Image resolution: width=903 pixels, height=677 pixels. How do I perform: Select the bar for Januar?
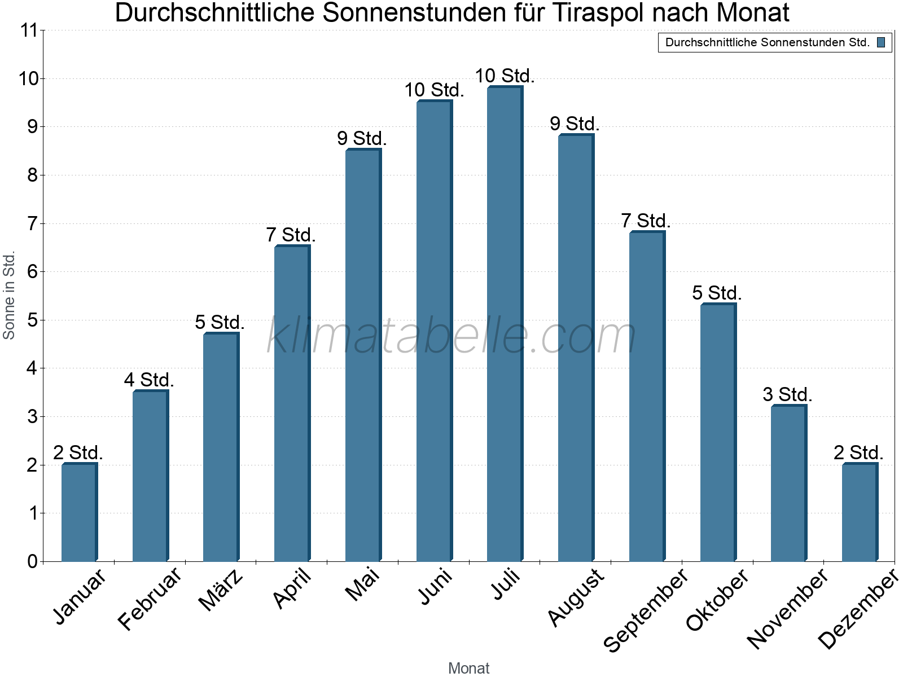pyautogui.click(x=80, y=512)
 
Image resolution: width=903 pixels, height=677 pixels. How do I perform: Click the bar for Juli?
pyautogui.click(x=505, y=323)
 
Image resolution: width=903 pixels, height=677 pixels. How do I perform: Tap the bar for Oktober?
pyautogui.click(x=718, y=432)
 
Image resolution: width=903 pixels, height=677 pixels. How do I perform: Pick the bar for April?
pyautogui.click(x=292, y=403)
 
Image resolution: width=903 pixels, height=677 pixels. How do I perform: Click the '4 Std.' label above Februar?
pyautogui.click(x=149, y=380)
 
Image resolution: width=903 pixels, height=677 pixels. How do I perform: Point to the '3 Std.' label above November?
pyautogui.click(x=787, y=394)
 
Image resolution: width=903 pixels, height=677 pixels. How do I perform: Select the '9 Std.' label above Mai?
pyautogui.click(x=362, y=138)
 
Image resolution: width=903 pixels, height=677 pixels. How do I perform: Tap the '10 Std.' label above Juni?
pyautogui.click(x=435, y=90)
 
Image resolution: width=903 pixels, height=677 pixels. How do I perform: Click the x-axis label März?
pyautogui.click(x=221, y=590)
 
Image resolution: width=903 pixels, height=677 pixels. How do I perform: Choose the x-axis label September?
pyautogui.click(x=646, y=610)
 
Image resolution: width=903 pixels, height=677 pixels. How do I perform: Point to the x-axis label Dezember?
pyautogui.click(x=858, y=609)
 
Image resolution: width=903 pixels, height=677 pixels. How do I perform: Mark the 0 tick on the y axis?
pyautogui.click(x=33, y=561)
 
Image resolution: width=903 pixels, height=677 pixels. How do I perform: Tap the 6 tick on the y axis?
pyautogui.click(x=33, y=272)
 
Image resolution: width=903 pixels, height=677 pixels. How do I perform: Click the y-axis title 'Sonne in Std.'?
pyautogui.click(x=8, y=295)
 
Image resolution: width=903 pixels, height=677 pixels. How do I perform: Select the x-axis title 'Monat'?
pyautogui.click(x=468, y=668)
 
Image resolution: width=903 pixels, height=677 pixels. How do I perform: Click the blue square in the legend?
pyautogui.click(x=881, y=42)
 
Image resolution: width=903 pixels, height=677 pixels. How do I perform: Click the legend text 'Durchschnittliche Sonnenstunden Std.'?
pyautogui.click(x=768, y=42)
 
